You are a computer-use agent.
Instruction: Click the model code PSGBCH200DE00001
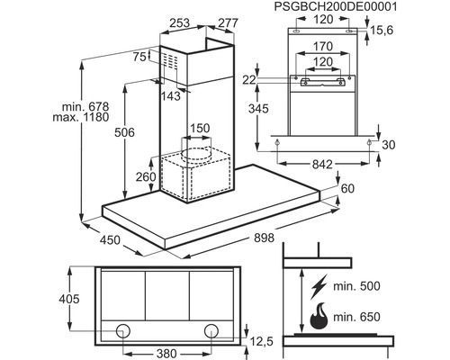336,6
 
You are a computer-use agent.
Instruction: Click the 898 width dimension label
264,238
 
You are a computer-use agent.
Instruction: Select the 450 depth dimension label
110,240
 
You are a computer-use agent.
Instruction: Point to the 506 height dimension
124,132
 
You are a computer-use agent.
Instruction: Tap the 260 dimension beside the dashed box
146,177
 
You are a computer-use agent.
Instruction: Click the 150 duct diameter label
200,129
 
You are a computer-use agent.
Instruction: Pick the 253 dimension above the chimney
180,22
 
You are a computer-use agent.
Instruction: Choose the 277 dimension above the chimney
229,22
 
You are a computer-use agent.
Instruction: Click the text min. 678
85,106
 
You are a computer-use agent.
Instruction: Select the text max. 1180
81,117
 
